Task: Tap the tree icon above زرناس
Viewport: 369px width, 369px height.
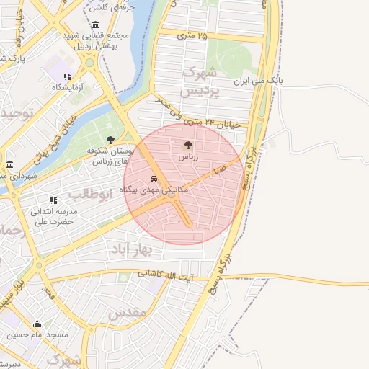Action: coord(189,145)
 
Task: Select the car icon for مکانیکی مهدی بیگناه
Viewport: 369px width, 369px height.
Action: coord(154,179)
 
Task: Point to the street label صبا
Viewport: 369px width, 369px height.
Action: coord(218,169)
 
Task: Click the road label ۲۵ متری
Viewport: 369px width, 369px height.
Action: coord(192,35)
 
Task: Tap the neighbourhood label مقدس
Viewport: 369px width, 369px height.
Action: coord(127,312)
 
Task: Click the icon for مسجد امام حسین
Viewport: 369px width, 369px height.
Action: coord(37,324)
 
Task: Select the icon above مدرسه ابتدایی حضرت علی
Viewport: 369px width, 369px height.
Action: coord(53,200)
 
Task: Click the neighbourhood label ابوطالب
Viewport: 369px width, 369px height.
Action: coord(92,194)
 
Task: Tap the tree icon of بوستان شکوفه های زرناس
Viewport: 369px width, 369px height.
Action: coord(110,140)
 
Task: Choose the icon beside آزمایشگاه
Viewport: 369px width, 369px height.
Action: coord(67,76)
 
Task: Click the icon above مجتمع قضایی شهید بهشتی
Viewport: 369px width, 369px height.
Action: coord(96,25)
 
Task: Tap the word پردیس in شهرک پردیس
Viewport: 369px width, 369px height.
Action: coord(197,92)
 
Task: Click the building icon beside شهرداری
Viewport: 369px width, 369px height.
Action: coord(9,164)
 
